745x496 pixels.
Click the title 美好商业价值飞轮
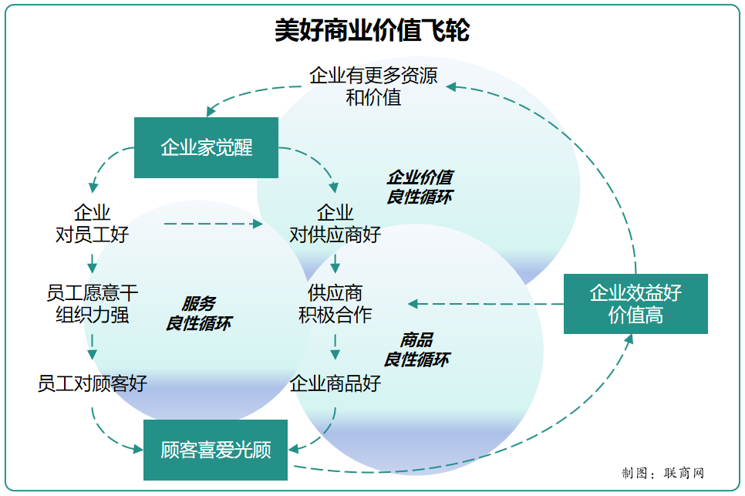pos(372,31)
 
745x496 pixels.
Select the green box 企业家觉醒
pos(206,147)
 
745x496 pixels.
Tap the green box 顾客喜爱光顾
pos(215,450)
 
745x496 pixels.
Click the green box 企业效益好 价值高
pos(635,303)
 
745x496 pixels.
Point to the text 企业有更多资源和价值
pos(373,86)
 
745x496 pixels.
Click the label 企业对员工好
pos(92,224)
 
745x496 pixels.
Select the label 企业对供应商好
pos(335,224)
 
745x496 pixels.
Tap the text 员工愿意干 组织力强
pos(92,304)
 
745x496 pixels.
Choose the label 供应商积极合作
pos(335,304)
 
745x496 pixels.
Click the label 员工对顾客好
pos(92,383)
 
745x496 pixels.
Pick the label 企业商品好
pos(335,383)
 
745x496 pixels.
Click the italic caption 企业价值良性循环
pos(419,187)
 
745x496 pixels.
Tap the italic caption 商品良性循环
pos(416,349)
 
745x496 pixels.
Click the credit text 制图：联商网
pos(662,473)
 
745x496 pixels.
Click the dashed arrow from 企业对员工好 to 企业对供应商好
pos(213,224)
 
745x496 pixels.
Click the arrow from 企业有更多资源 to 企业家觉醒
pos(247,93)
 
